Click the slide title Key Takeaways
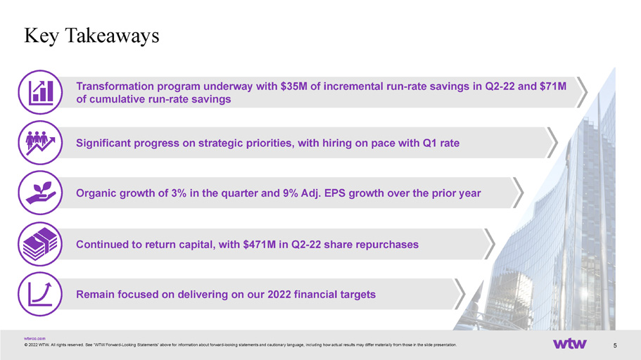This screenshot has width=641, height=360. [x=91, y=36]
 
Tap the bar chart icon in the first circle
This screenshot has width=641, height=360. [x=41, y=91]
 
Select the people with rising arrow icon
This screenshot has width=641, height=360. [x=40, y=143]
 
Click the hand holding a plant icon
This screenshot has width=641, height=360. [x=41, y=193]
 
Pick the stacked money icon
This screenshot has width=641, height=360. [x=40, y=244]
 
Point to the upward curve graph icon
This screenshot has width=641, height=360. [x=40, y=294]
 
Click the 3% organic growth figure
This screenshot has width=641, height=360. [x=179, y=193]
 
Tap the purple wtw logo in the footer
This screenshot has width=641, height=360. [x=570, y=344]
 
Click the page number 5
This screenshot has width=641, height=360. [x=615, y=345]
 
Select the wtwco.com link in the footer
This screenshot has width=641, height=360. [x=34, y=338]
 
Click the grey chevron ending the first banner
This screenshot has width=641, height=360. [x=582, y=92]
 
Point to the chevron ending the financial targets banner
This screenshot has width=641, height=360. [x=460, y=294]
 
